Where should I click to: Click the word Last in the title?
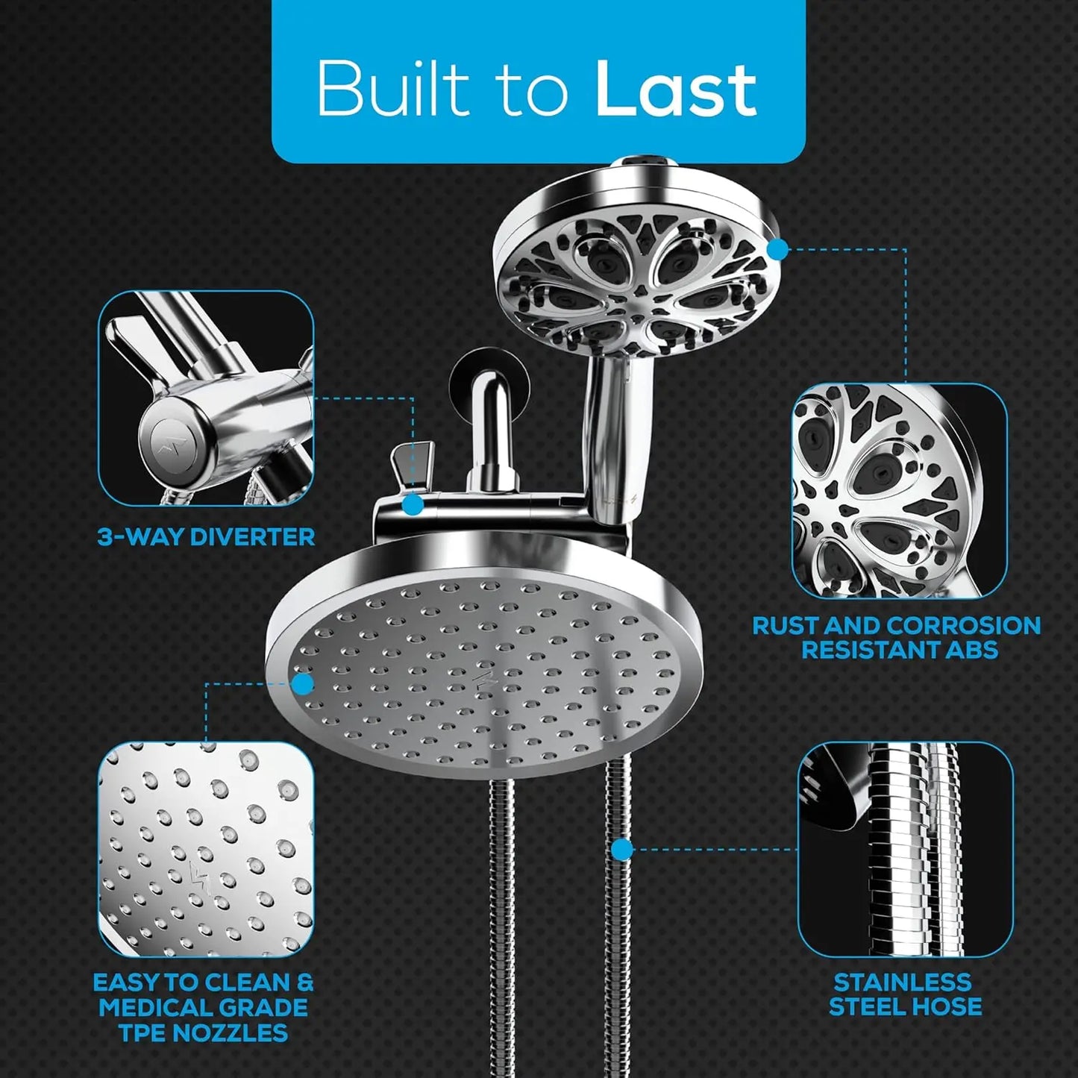click(676, 90)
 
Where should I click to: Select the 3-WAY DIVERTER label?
click(206, 536)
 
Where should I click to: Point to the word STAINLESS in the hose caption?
click(903, 982)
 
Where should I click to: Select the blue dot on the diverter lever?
click(413, 505)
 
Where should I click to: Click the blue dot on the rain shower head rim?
click(302, 683)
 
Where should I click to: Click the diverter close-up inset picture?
click(206, 398)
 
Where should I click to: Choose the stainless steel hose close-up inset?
click(905, 850)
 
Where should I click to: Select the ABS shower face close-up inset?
click(899, 490)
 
